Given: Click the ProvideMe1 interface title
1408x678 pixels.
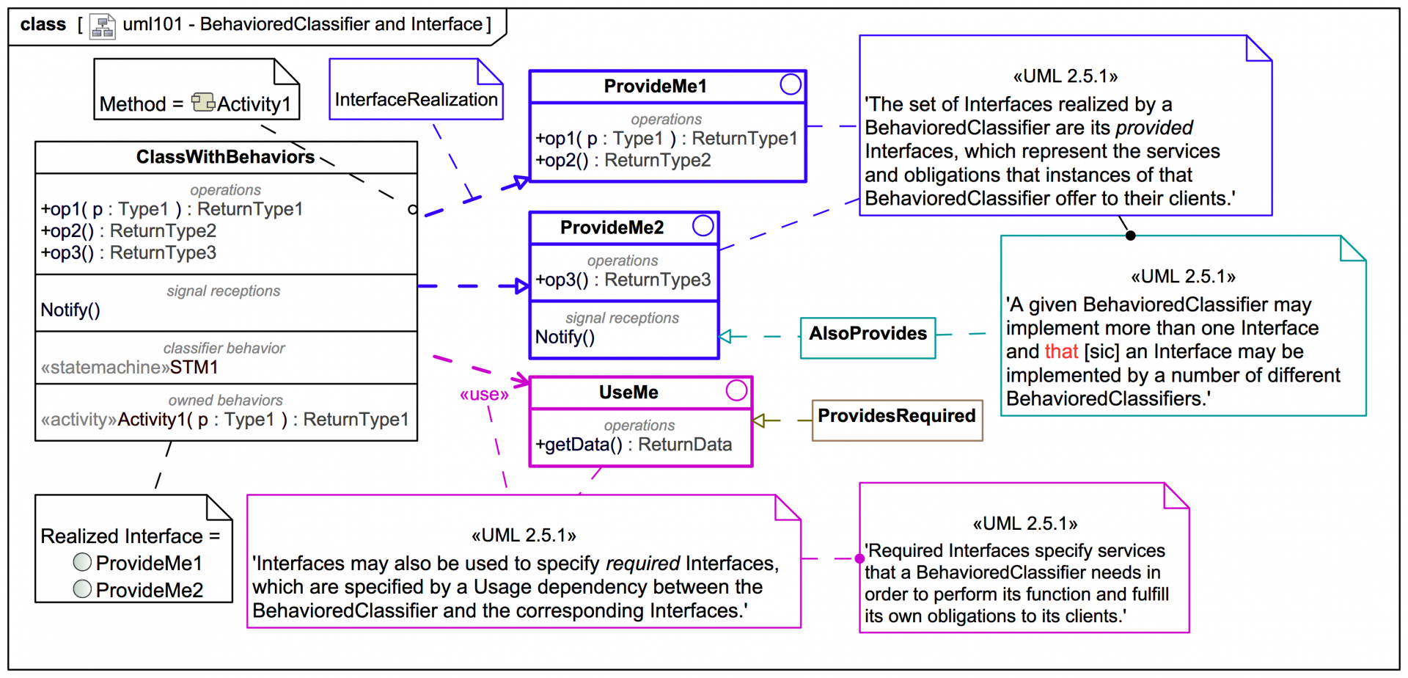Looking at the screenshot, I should tap(655, 87).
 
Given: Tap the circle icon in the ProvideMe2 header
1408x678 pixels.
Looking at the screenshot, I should tap(703, 225).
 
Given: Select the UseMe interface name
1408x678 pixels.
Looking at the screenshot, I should tap(628, 393).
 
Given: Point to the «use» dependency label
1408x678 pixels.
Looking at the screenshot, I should tap(484, 395).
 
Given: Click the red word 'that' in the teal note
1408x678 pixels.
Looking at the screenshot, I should tap(1061, 351).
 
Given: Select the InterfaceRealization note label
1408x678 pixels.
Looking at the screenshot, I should tap(416, 99).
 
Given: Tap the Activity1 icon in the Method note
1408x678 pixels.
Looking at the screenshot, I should tap(202, 102).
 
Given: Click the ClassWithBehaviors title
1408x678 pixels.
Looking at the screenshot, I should tap(225, 157).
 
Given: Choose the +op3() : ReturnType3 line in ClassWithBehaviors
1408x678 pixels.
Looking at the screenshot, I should tap(128, 252).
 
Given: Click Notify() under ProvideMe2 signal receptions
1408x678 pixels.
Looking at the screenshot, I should tap(565, 338).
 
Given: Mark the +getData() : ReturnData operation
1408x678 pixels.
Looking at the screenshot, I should tap(634, 445).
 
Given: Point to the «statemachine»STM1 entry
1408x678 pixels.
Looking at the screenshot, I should tap(130, 367).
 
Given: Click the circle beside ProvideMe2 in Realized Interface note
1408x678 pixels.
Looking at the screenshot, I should tap(83, 588).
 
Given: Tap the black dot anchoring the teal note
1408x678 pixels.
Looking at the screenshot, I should tap(1130, 236).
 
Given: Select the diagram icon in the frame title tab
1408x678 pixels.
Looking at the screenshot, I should tap(102, 26).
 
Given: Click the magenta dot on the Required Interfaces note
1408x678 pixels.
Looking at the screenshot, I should tap(859, 558).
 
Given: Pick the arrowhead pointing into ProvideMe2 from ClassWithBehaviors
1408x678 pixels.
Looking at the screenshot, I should tap(522, 286).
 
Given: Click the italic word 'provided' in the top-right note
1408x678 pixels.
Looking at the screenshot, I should tap(1154, 128).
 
